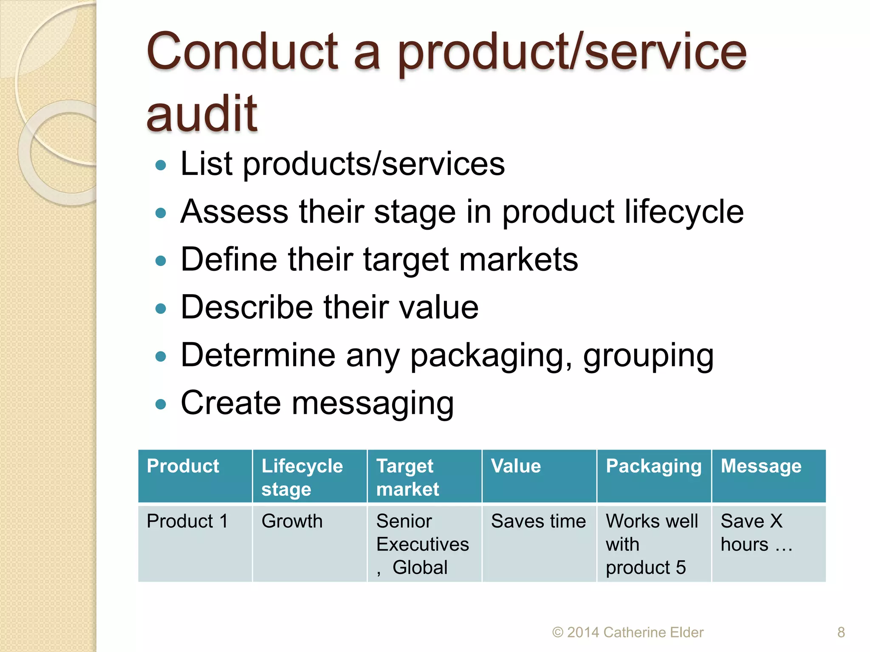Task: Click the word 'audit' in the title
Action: (202, 114)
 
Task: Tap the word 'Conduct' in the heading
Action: (242, 52)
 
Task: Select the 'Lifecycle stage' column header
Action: (302, 477)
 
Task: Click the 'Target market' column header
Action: (407, 477)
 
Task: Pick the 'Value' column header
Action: (516, 466)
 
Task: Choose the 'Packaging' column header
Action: (653, 466)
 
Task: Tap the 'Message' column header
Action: (761, 466)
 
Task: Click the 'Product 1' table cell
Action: (187, 521)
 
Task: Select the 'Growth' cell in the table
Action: (292, 521)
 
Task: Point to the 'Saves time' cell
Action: (538, 521)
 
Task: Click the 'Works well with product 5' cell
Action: (652, 544)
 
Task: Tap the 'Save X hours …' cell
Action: (756, 532)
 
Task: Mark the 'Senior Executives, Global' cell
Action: (422, 544)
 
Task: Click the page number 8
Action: (841, 632)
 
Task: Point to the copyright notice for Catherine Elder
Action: (628, 632)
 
